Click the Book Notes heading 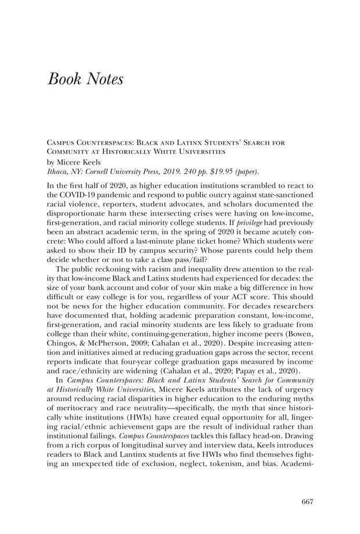[85, 79]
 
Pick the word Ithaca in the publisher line [56, 171]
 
